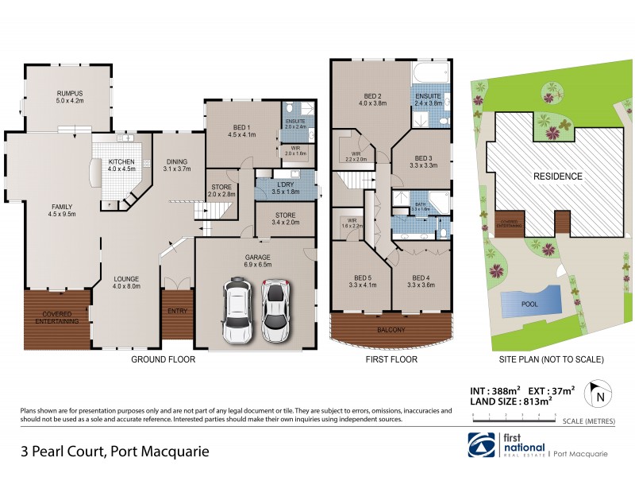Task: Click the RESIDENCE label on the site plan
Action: click(556, 176)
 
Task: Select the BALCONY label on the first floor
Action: click(391, 330)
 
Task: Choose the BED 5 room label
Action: click(361, 280)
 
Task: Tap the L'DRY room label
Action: click(284, 188)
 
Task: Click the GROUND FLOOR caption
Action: click(162, 359)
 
